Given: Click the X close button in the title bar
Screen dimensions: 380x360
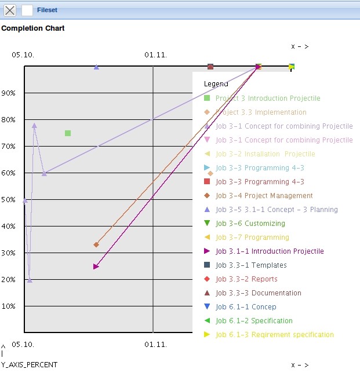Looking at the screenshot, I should [x=10, y=10].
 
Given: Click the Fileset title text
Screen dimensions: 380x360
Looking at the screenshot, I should [x=47, y=10].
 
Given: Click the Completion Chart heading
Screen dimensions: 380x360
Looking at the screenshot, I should [x=33, y=28].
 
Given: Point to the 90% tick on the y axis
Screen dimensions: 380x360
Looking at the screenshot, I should [x=9, y=93].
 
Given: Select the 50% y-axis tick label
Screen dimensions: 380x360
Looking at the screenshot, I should [x=9, y=199].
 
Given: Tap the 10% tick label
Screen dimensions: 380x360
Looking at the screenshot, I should [x=9, y=306].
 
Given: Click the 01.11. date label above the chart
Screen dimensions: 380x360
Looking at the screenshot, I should [x=155, y=55].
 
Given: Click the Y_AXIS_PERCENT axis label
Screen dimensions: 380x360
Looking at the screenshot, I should [x=29, y=365].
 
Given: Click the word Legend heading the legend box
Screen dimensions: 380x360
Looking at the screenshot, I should [x=216, y=84].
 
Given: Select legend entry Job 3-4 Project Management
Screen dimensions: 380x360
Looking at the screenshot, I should [x=264, y=196].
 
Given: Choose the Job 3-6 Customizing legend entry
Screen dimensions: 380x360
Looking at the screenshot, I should [x=250, y=224].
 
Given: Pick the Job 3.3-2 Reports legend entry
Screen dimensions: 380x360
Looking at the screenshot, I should [x=246, y=279].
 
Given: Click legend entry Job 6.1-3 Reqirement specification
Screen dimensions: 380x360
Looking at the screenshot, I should [x=274, y=335].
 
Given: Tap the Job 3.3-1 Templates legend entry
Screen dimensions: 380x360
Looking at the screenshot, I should [x=251, y=265].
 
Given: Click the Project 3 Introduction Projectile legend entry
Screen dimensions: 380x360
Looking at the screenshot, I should [x=267, y=98].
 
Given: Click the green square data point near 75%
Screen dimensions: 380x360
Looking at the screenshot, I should [x=68, y=133].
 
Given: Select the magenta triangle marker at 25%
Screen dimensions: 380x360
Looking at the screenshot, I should [x=96, y=266].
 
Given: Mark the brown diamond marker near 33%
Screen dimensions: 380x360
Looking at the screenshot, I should [x=96, y=244].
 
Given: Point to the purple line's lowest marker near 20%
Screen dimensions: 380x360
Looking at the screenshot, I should [x=30, y=280].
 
